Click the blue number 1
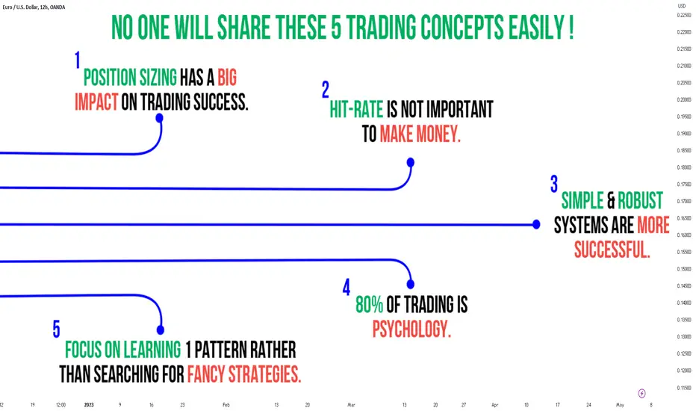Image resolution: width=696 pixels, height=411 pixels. coord(78,60)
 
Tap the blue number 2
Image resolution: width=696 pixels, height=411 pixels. coord(326,90)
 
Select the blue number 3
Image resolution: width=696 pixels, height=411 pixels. coord(554,184)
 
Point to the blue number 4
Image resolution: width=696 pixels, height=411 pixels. coord(347,287)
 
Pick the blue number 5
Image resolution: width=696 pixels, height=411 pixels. coord(56,330)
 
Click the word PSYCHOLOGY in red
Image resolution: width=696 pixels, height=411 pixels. coord(411,330)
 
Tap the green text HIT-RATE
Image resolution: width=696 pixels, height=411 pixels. coord(356,109)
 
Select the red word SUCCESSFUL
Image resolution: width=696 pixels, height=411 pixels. coord(612,250)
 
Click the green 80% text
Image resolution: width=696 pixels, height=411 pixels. coord(370,305)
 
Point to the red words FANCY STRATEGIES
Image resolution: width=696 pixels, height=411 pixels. coord(244,374)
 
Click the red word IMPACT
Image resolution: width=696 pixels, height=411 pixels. coord(96,102)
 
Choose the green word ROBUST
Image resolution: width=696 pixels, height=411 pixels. coord(640,200)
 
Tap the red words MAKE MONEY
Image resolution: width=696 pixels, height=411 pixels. coord(420,134)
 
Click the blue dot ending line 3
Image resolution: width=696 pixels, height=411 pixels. coord(536,224)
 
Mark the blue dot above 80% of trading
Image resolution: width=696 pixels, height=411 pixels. coord(411,284)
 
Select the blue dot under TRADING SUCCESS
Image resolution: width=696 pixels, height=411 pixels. coord(159,118)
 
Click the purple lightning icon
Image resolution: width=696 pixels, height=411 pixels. coord(641,393)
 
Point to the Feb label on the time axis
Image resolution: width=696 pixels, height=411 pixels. coord(226,405)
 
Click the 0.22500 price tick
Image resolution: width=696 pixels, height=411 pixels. coord(684,15)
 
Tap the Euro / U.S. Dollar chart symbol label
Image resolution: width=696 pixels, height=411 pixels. coord(34,7)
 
